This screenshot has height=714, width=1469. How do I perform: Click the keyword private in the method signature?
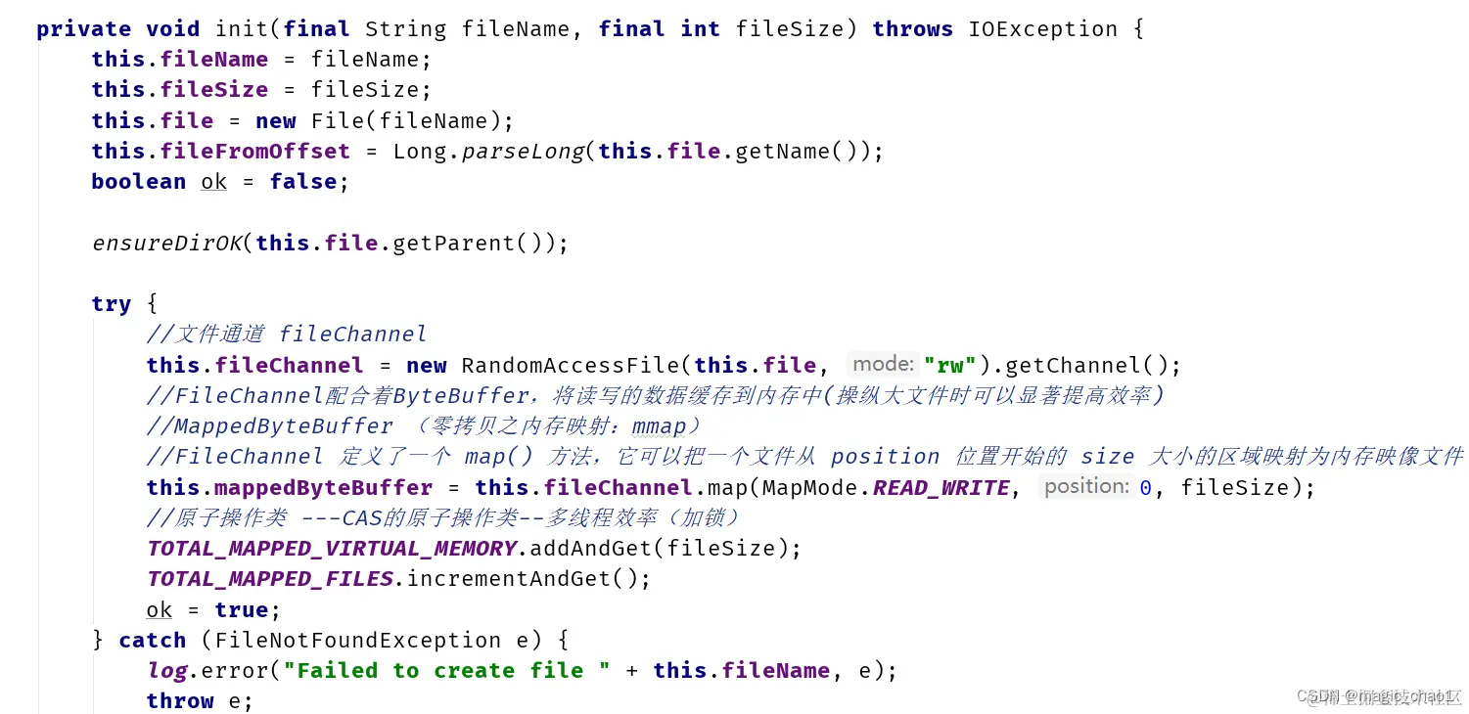pyautogui.click(x=85, y=29)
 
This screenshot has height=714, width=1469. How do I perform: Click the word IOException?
pyautogui.click(x=1042, y=29)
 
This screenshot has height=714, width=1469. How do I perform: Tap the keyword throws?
pyautogui.click(x=912, y=29)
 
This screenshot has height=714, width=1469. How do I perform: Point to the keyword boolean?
pyautogui.click(x=138, y=182)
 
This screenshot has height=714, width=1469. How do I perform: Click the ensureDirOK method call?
pyautogui.click(x=166, y=243)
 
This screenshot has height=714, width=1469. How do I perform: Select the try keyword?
pyautogui.click(x=111, y=304)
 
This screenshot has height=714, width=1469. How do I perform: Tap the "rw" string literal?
pyautogui.click(x=949, y=366)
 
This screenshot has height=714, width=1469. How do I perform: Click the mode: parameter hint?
pyautogui.click(x=882, y=365)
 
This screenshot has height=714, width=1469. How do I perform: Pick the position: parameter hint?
pyautogui.click(x=1085, y=486)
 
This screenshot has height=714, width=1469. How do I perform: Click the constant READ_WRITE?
pyautogui.click(x=941, y=488)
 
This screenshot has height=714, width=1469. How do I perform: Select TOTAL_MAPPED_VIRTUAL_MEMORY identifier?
pyautogui.click(x=332, y=549)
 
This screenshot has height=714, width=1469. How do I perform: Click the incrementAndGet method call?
pyautogui.click(x=515, y=579)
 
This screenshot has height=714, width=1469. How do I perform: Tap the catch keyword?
pyautogui.click(x=152, y=641)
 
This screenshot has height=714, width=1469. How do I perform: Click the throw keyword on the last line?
pyautogui.click(x=179, y=701)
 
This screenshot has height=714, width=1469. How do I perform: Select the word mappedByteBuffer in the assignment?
pyautogui.click(x=323, y=488)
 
